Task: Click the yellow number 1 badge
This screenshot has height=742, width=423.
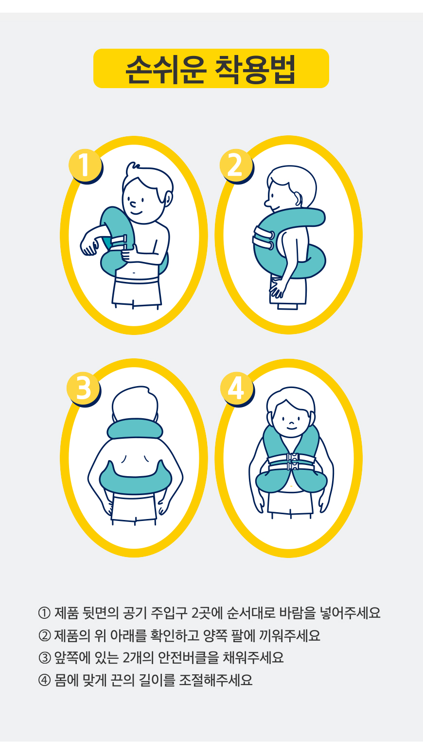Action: click(x=85, y=165)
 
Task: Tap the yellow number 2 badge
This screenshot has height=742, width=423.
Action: click(x=236, y=165)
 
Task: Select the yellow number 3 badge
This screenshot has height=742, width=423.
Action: click(x=83, y=388)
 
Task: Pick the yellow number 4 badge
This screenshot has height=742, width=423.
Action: click(x=237, y=388)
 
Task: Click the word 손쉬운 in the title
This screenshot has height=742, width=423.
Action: click(x=166, y=69)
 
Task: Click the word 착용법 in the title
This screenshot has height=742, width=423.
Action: click(x=255, y=69)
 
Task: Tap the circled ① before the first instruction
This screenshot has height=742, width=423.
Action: click(x=44, y=613)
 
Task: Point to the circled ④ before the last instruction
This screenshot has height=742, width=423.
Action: click(x=44, y=680)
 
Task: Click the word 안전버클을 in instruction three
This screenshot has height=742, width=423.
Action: click(x=188, y=658)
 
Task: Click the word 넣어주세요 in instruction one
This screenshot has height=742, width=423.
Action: click(x=350, y=613)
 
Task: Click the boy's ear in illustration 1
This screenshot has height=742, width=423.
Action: click(x=168, y=199)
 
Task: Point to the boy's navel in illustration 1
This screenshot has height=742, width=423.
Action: click(x=134, y=273)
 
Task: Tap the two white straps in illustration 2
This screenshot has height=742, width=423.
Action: click(x=263, y=238)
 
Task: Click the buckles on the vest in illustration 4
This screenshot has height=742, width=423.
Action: click(x=293, y=462)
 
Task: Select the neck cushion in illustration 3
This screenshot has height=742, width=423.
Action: click(x=135, y=429)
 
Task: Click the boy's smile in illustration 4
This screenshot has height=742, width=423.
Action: click(x=291, y=428)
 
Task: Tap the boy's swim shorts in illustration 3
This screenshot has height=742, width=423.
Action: click(x=134, y=508)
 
